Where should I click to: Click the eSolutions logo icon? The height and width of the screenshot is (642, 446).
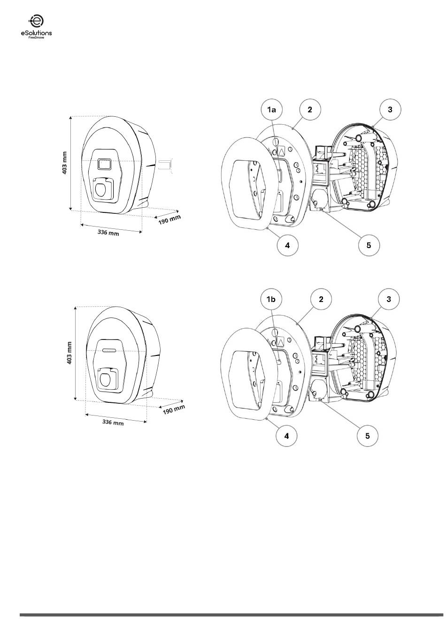pos(36,21)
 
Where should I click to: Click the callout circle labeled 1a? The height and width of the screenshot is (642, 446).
pos(271,109)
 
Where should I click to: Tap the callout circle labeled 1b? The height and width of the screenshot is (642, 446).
pos(270,299)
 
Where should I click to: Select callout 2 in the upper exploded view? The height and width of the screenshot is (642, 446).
pos(310,109)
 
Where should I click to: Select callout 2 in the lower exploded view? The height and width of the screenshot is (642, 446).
pos(321,299)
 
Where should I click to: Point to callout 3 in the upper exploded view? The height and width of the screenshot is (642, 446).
pos(390,109)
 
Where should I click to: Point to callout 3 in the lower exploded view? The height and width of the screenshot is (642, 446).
pos(389,299)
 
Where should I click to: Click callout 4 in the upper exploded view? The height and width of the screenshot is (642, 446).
pos(287,245)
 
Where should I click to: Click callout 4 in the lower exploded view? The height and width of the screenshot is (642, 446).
pos(286,436)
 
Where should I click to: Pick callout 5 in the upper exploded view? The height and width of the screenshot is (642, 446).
pos(369,245)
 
